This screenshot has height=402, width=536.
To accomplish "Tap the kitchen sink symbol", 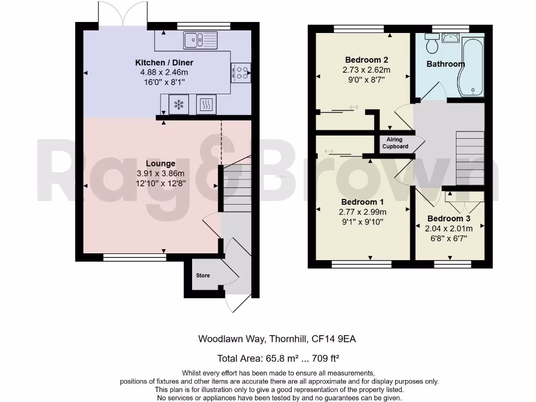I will click(200, 38).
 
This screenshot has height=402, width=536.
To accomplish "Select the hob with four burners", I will click(241, 73).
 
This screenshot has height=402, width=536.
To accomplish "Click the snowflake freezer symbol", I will click(178, 105).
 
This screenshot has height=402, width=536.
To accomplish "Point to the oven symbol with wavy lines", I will click(206, 105).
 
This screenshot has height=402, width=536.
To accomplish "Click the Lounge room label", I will click(161, 164).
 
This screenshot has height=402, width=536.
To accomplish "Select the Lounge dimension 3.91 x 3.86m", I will click(162, 174).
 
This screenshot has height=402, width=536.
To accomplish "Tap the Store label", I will click(203, 275).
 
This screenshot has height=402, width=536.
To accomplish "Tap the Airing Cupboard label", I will click(397, 143).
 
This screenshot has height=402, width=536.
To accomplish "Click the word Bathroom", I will click(445, 64).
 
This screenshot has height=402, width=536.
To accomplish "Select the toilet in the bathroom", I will click(432, 44).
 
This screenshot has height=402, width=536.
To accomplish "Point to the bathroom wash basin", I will click(450, 37).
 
